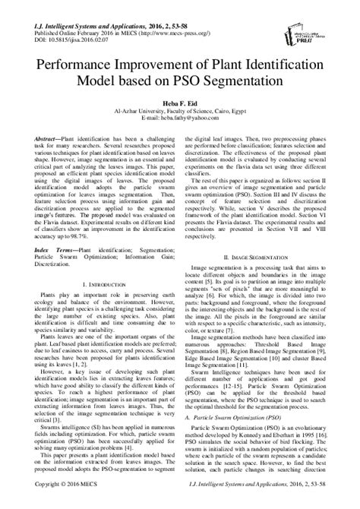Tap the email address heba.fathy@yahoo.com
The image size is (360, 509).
[x=179, y=118]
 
